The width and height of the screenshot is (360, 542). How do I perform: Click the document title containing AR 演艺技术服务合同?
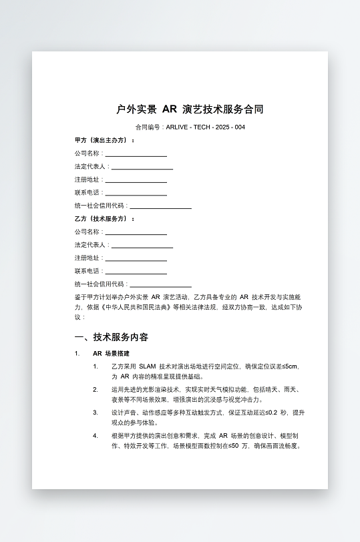click(x=190, y=109)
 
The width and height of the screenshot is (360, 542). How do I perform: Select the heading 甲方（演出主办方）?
click(x=104, y=140)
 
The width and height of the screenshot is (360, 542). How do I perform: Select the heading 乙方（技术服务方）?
click(x=104, y=218)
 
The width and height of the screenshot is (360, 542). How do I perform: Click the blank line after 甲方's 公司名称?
click(x=136, y=154)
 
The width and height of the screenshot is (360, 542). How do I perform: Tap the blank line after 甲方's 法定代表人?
click(x=142, y=167)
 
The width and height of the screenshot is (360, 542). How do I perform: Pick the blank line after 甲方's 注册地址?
click(x=136, y=180)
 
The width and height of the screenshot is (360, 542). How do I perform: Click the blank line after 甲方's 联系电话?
click(x=136, y=193)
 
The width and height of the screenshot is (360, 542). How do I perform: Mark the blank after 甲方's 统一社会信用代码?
click(x=160, y=206)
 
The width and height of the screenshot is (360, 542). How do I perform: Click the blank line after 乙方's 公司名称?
click(x=136, y=232)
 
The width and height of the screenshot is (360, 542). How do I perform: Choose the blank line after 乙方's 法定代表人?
click(x=142, y=245)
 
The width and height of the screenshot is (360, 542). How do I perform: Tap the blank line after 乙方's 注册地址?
click(x=136, y=258)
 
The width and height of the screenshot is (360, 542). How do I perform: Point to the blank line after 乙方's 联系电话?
click(x=136, y=272)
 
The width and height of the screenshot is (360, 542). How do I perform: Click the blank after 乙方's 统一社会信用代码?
click(x=160, y=284)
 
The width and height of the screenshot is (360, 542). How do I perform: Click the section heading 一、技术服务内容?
click(x=112, y=337)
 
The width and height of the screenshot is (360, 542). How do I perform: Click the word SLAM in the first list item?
click(x=147, y=366)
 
